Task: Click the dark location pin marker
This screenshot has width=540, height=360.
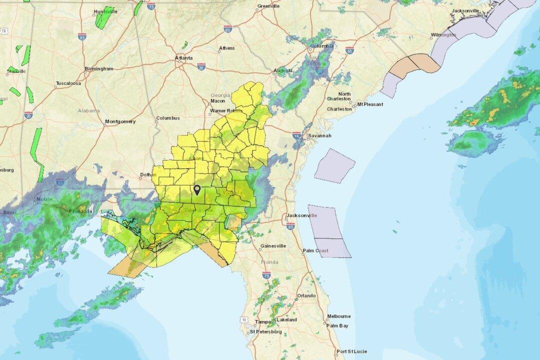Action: coord(197,190)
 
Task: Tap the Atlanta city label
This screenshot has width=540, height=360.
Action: coord(183,58)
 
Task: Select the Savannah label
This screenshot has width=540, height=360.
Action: coord(319,135)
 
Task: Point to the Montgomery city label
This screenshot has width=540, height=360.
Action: coord(120,121)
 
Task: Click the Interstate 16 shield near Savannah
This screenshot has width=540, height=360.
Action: coord(297,135)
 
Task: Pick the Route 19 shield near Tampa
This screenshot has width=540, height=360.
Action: coord(243,318)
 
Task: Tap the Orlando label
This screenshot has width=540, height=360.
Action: coord(306,295)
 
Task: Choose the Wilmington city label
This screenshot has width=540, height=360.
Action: coord(443,35)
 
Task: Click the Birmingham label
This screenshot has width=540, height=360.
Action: coord(99,68)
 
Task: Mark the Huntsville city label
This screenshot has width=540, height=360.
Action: coord(105,11)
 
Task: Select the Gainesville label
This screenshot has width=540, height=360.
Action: coord(273,246)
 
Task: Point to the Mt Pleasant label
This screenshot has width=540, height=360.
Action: coord(370,104)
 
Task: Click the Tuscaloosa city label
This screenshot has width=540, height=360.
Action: coord(68,83)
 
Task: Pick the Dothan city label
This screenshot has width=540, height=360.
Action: coord(148,174)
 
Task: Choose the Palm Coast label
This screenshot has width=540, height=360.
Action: coord(315,251)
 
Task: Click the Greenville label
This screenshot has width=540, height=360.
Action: coord(268,6)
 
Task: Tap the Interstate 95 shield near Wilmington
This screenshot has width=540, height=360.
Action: coord(349,50)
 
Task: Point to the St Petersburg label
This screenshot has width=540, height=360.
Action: coord(266,331)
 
